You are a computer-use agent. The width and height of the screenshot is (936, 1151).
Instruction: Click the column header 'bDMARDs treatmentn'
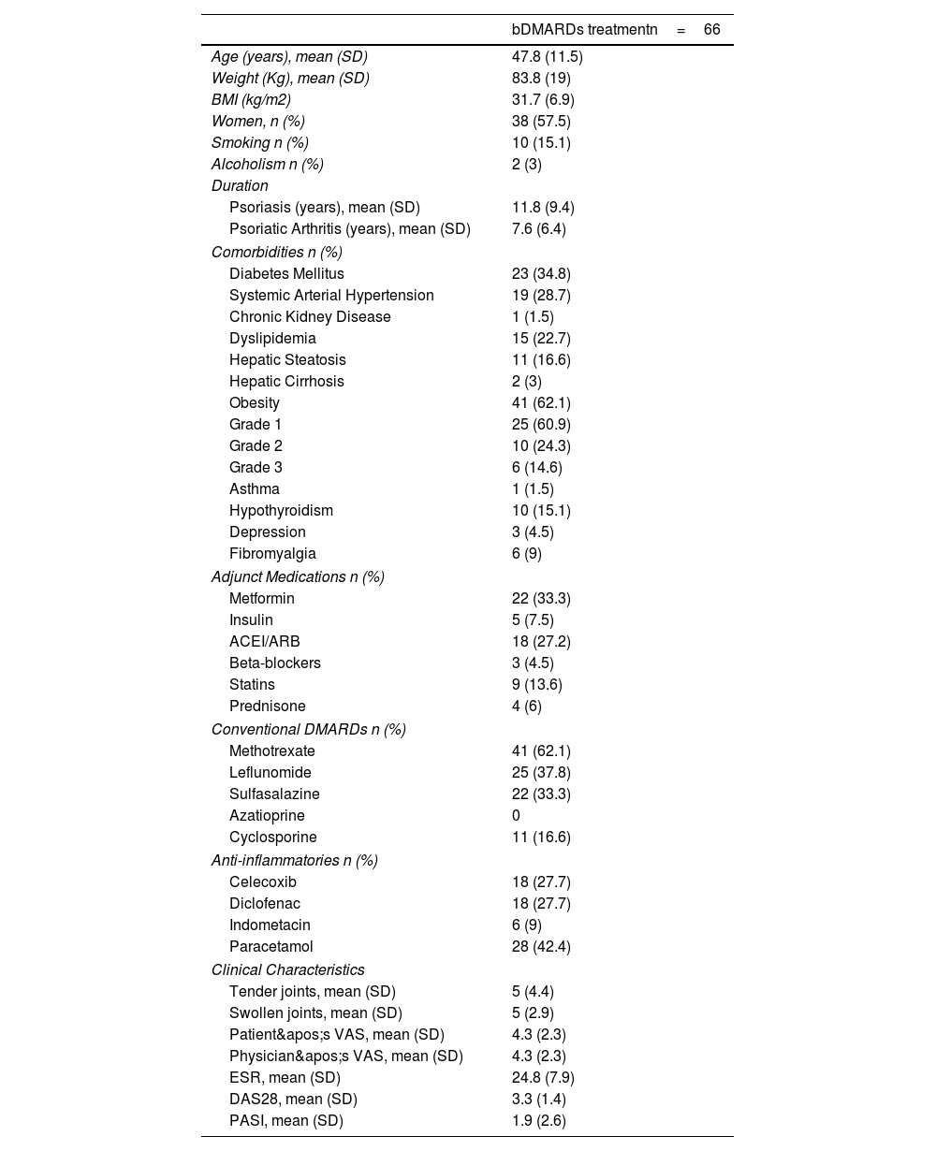point(584,30)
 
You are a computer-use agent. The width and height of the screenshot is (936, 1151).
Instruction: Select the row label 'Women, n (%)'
point(257,122)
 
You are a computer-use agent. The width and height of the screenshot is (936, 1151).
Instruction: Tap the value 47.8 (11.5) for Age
point(547,57)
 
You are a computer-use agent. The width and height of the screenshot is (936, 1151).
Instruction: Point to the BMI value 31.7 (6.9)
point(543,100)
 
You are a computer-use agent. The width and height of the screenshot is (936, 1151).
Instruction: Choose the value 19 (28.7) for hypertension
point(541,296)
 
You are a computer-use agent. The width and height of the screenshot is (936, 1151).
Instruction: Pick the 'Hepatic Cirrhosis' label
point(286,382)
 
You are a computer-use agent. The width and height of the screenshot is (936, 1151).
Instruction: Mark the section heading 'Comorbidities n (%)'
point(276,253)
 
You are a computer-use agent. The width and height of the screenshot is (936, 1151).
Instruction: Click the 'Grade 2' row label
point(256,446)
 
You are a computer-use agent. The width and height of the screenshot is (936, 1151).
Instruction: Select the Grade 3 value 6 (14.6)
point(536,468)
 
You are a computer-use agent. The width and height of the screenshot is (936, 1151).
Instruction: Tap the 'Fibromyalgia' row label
point(272,554)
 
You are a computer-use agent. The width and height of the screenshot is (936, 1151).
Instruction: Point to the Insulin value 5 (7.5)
point(533,620)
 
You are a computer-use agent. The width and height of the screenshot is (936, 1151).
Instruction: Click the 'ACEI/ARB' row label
point(264,642)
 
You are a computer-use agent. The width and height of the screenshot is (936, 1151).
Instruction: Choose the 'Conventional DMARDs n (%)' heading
point(308,730)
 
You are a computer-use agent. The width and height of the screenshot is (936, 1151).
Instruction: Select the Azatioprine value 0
point(516,816)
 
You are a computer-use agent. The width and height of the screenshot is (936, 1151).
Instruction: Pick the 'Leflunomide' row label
point(270,773)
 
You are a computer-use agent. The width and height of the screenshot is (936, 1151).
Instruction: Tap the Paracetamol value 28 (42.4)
point(541,947)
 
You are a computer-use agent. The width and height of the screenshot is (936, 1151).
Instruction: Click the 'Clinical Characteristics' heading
point(287,970)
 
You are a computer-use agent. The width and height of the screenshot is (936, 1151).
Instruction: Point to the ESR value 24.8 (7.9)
point(543,1078)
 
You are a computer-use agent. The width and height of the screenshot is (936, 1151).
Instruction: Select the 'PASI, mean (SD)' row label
point(285,1121)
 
